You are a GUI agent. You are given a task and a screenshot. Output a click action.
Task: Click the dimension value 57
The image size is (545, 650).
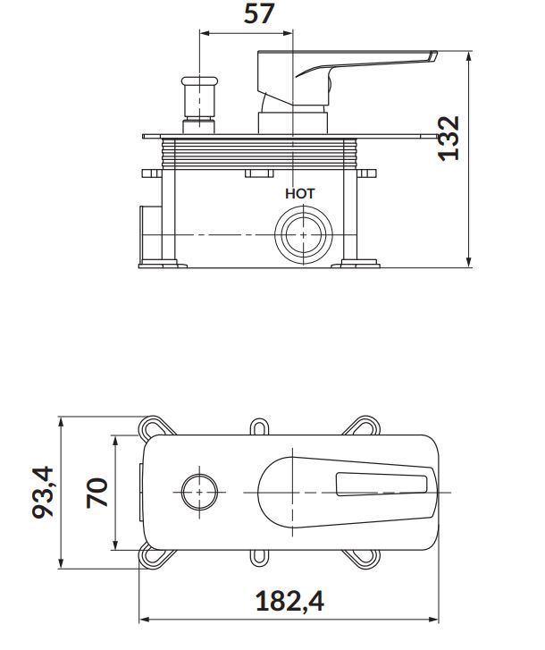pos(259,13)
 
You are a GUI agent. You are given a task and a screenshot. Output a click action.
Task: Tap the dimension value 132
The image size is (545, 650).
pos(449,139)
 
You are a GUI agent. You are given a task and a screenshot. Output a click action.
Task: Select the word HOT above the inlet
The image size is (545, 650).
pos(300,194)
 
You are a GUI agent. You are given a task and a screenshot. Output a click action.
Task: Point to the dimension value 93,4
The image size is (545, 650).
pos(43,492)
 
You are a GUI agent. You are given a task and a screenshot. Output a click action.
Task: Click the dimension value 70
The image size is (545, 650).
pos(96,493)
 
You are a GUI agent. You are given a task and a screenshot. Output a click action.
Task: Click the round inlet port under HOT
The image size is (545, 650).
pos(304,235)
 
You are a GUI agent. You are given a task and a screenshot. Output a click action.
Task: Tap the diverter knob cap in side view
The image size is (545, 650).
pos(199,80)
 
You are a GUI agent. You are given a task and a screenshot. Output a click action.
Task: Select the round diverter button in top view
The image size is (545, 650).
pos(199,493)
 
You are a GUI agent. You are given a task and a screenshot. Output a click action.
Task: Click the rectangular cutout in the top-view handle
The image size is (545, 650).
pos(381,485)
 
